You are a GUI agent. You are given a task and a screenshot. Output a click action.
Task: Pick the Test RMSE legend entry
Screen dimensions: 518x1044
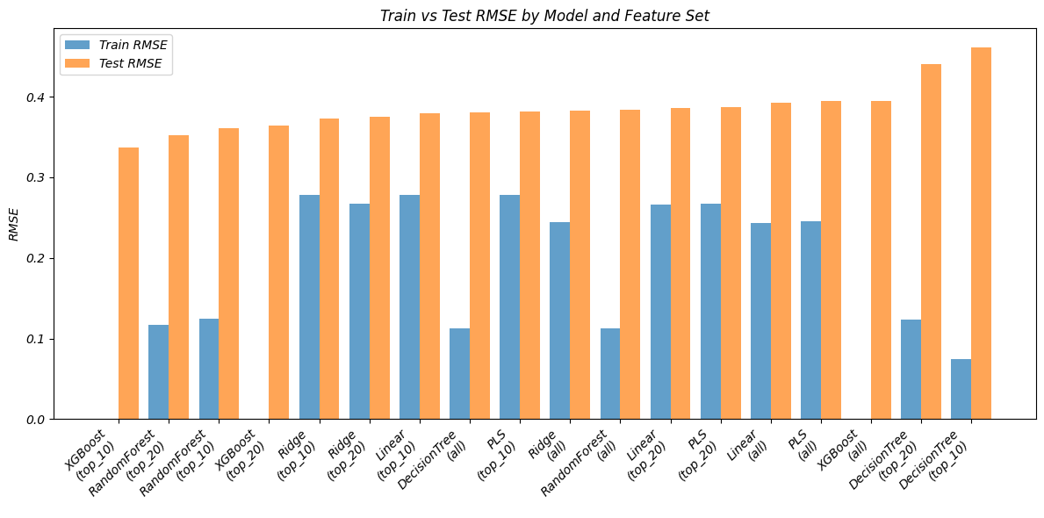click(134, 63)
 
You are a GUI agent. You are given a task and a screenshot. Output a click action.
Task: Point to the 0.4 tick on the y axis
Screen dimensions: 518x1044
click(40, 97)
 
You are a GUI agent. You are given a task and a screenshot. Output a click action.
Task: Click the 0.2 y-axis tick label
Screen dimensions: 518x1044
click(40, 258)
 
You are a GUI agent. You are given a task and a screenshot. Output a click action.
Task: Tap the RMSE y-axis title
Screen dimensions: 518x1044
click(13, 225)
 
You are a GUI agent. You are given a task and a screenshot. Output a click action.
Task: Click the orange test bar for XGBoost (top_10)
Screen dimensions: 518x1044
click(128, 283)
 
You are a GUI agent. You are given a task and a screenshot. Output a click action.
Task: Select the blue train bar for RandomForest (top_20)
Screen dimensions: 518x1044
click(158, 371)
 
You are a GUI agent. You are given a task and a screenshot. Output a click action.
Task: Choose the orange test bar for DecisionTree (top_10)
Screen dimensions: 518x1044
click(981, 233)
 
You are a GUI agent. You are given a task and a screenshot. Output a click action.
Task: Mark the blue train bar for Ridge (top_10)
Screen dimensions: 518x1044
click(309, 306)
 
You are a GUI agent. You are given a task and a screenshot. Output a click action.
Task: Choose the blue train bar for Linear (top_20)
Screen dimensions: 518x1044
click(660, 312)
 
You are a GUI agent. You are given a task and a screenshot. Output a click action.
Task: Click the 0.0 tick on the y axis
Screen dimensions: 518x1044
click(40, 420)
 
